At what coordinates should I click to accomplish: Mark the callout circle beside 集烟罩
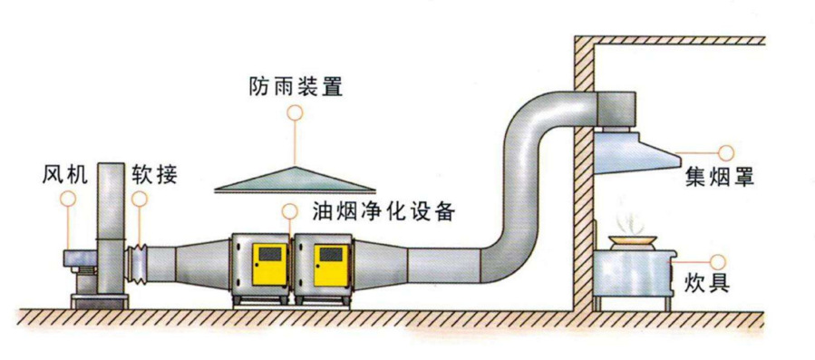click(x=725, y=151)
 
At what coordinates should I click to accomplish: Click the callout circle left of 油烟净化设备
click(x=289, y=211)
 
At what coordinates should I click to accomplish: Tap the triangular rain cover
click(x=295, y=180)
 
